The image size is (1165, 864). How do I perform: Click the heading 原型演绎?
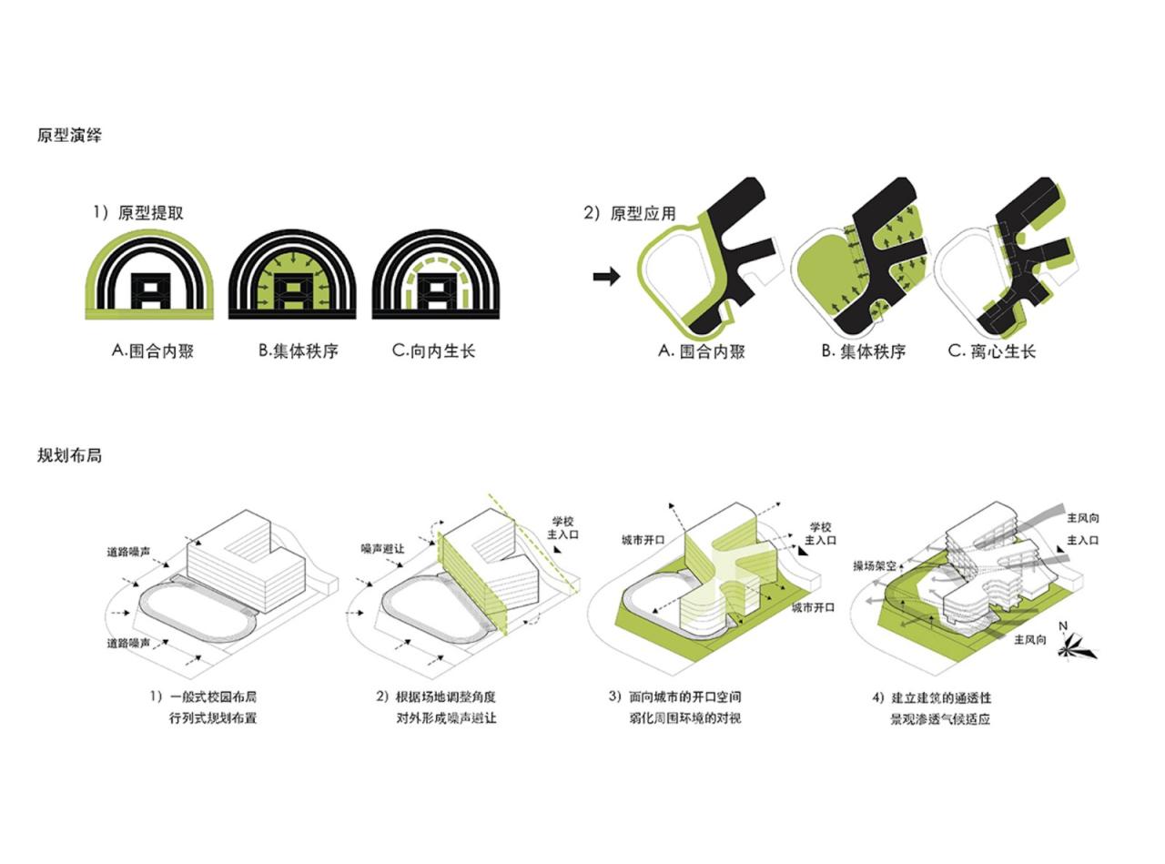click(x=69, y=136)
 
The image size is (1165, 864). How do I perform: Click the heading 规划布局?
click(x=69, y=455)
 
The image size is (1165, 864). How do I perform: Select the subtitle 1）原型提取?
click(x=138, y=213)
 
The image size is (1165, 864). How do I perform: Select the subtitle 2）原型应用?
click(x=630, y=213)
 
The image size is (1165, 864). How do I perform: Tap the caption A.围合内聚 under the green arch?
click(x=153, y=351)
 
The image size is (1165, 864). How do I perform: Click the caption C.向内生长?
click(x=433, y=351)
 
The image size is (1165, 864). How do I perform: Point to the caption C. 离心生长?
click(x=992, y=351)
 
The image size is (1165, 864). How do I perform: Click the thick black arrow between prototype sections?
click(x=607, y=276)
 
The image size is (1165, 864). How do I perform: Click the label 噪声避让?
click(x=382, y=549)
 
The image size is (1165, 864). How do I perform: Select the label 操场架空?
click(x=875, y=566)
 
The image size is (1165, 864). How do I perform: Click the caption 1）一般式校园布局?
click(x=203, y=696)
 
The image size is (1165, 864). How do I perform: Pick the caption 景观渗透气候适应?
click(x=939, y=719)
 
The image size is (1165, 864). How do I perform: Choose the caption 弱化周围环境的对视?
click(x=685, y=718)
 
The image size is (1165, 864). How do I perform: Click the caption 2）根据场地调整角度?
click(x=436, y=696)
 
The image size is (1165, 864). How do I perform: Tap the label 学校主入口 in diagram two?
click(x=563, y=528)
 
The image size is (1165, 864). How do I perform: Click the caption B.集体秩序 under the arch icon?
click(x=299, y=351)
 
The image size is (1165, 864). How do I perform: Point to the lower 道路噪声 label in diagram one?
click(x=128, y=643)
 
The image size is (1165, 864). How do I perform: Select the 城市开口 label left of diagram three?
click(x=643, y=540)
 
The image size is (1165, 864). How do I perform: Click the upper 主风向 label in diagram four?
click(x=1082, y=518)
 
